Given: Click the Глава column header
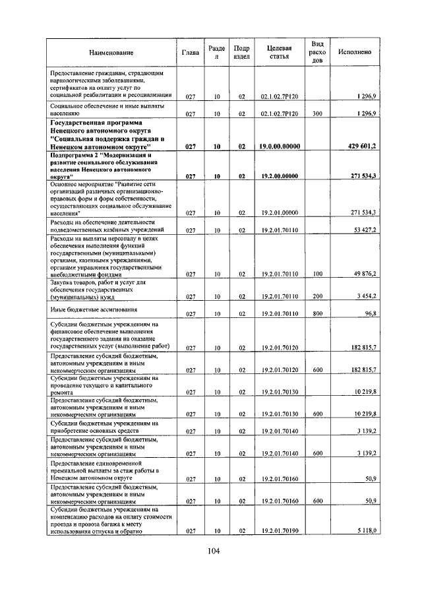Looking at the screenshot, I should tap(190, 52).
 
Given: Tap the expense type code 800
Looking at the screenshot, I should tap(317, 314).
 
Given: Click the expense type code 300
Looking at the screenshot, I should tap(317, 114).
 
